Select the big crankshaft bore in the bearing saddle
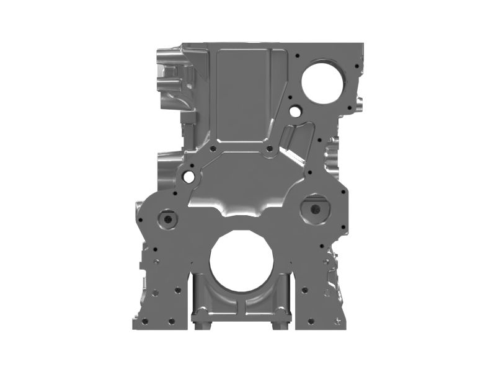tap(241, 261)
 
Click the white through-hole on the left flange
tap(188, 177)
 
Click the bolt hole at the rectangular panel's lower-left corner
tap(213, 149)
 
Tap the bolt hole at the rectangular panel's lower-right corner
tap(269, 149)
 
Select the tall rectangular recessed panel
tap(244, 93)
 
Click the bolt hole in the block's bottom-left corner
tap(144, 321)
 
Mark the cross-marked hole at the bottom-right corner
tap(337, 321)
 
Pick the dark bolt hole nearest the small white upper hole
tap(290, 97)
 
